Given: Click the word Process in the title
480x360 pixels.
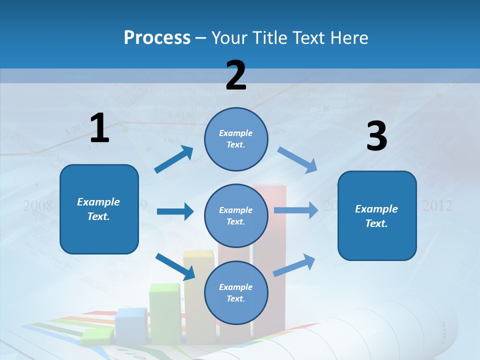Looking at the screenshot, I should (x=157, y=37).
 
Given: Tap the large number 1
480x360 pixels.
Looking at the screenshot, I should (x=99, y=128).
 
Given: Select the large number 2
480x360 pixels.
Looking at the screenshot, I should (x=236, y=75).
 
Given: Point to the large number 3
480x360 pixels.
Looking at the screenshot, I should (x=376, y=136).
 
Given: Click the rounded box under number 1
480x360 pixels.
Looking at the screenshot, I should (x=99, y=209).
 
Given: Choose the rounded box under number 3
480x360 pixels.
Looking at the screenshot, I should (x=377, y=215).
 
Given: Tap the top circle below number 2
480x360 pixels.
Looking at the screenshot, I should (x=236, y=138).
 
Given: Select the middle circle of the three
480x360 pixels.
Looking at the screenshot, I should (x=236, y=215).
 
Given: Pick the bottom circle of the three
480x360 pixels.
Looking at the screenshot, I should (x=236, y=292).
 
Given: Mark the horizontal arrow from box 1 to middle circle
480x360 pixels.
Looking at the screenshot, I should (x=175, y=211).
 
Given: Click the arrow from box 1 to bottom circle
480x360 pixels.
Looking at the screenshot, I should (x=175, y=266).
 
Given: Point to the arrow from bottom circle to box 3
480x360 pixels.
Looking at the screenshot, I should (x=294, y=265).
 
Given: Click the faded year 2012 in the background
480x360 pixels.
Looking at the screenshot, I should (x=437, y=205).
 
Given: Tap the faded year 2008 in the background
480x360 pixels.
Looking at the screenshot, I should (x=38, y=205).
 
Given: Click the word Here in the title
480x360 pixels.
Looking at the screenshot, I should (x=350, y=37).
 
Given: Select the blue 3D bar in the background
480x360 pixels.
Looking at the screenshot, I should (x=131, y=325).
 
